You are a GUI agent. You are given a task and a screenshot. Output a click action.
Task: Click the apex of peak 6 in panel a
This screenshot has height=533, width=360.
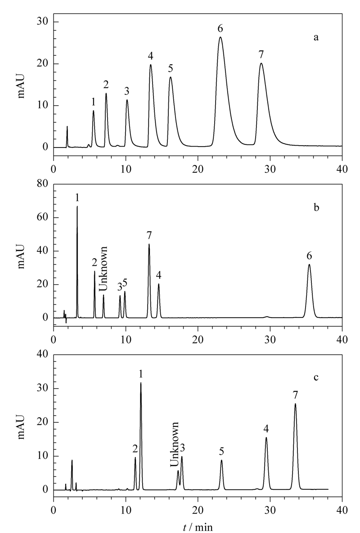[220, 37]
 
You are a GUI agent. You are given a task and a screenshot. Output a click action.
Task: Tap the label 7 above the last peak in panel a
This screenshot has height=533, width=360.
[261, 54]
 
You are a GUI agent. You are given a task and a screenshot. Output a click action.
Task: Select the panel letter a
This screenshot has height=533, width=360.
[316, 38]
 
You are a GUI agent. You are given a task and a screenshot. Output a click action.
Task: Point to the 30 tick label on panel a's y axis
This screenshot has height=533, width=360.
[43, 22]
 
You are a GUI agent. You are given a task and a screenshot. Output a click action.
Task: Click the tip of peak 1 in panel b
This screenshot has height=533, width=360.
[77, 206]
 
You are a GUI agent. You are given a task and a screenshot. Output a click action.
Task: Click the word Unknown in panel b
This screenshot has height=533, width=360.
[103, 269]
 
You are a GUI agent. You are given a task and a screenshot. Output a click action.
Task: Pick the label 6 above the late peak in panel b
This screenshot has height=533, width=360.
[309, 256]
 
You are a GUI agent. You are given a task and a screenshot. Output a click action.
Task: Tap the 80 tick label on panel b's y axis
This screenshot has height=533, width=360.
[43, 184]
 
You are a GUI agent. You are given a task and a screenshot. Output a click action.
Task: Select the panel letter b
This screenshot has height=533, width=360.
[316, 207]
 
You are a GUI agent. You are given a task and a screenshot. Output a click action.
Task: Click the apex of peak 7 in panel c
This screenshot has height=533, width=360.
[295, 403]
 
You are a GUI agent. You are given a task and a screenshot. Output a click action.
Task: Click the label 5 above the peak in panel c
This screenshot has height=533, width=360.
[221, 452]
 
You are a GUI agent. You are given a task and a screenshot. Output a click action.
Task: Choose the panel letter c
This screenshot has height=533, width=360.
[316, 378]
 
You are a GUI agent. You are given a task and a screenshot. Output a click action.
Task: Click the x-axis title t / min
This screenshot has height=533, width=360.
[198, 527]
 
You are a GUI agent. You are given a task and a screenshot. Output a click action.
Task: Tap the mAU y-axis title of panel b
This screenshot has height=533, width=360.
[22, 251]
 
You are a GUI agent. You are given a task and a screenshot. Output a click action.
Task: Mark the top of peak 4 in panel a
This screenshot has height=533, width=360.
[150, 65]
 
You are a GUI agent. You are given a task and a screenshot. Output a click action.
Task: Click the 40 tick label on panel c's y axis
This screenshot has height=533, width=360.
[43, 354]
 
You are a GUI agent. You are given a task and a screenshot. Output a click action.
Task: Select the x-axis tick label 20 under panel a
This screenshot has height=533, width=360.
[198, 169]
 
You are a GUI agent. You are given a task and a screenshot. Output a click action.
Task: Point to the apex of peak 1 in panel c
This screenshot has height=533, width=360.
[141, 383]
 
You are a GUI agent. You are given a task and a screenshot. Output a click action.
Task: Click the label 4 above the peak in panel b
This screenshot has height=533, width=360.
[158, 276]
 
